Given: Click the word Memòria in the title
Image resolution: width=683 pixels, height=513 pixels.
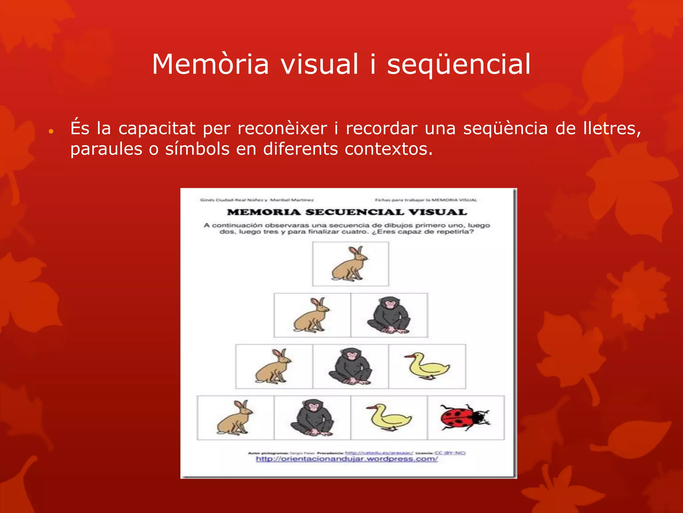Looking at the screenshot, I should pyautogui.click(x=210, y=64).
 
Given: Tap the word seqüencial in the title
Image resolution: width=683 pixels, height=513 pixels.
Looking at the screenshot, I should pyautogui.click(x=459, y=64).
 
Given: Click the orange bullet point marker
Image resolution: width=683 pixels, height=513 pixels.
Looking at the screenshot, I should pyautogui.click(x=51, y=132).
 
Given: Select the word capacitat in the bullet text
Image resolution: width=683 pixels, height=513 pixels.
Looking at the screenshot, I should pyautogui.click(x=157, y=128).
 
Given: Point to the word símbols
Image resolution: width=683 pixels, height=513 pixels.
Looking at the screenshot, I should pyautogui.click(x=197, y=149).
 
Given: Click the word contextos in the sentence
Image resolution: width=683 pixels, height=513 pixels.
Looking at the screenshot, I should pyautogui.click(x=388, y=149).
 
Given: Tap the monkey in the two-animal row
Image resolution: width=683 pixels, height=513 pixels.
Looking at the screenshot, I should pyautogui.click(x=389, y=316).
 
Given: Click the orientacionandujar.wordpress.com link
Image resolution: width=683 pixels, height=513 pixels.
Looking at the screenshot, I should pyautogui.click(x=347, y=459).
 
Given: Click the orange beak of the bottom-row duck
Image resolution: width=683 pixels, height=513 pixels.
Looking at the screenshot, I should pyautogui.click(x=371, y=408).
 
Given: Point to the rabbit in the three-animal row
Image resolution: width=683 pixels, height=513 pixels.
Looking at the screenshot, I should pyautogui.click(x=273, y=366).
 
